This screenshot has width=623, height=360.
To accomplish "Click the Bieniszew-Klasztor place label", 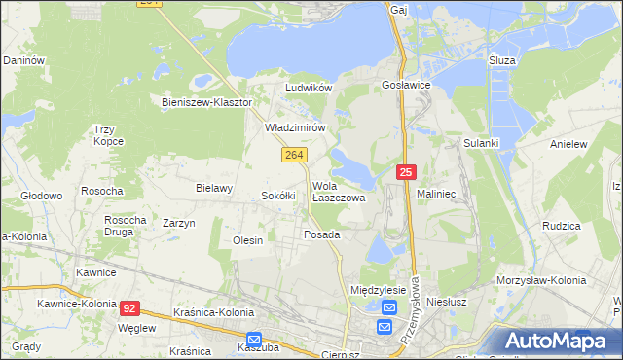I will point(206,101).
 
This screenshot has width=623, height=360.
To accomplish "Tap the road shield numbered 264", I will point(295,156).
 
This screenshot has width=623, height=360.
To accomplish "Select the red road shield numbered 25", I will point(407,173).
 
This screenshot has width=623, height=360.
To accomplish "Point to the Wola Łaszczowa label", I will point(338,191).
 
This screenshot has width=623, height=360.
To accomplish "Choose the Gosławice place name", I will point(413,86).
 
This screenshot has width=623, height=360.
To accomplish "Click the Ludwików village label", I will point(309,88).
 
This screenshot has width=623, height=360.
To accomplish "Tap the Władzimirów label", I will point(294,127).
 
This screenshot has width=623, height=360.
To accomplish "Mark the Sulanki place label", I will point(481,143).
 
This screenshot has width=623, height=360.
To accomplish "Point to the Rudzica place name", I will point(562,226).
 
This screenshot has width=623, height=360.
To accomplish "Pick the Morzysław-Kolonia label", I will point(541,280).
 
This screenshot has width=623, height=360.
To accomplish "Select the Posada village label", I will point(321,235).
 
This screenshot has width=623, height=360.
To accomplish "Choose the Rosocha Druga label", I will point(125,227).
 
